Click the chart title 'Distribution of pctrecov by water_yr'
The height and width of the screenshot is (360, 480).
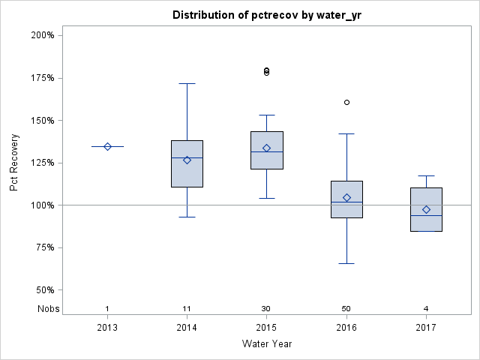tap(266, 15)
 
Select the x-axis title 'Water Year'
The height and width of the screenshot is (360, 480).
tap(266, 344)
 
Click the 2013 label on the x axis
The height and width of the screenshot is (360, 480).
tap(107, 328)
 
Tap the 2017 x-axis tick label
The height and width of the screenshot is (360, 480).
tap(426, 328)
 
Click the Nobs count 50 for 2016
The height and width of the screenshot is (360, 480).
tap(346, 309)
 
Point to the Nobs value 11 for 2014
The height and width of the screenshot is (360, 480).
tap(187, 309)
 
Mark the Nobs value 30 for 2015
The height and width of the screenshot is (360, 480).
tap(266, 309)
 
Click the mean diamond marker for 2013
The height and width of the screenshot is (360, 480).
tap(107, 146)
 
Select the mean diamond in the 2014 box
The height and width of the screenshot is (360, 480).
tap(187, 160)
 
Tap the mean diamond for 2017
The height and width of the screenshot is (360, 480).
tap(426, 209)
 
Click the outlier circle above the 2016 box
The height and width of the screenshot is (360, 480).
tap(346, 102)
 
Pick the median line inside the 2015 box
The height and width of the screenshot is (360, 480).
tap(266, 151)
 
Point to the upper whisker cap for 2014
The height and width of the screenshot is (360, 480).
tap(187, 83)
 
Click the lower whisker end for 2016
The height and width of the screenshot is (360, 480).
tap(346, 263)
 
